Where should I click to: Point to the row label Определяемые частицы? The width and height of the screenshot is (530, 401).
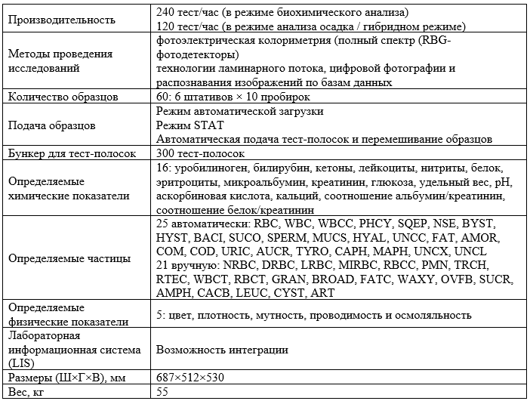click(67, 258)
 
